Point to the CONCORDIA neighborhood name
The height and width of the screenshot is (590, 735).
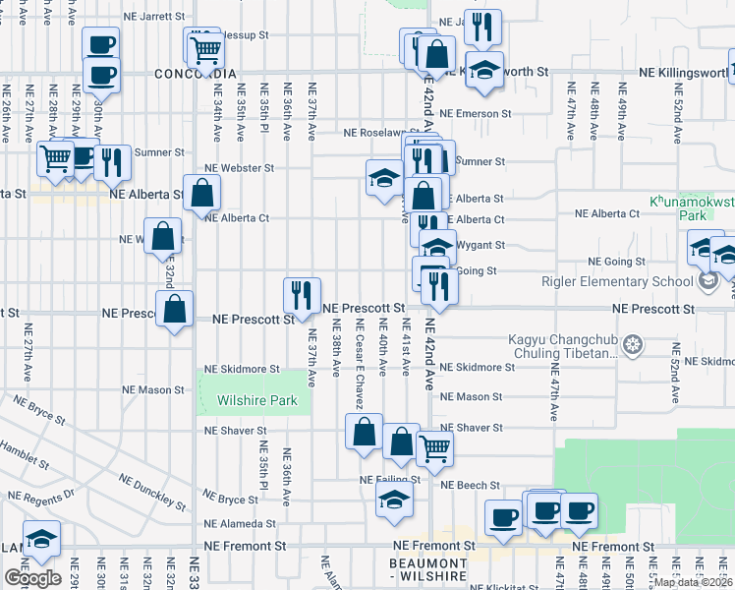(196, 74)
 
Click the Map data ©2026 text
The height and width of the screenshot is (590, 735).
(694, 582)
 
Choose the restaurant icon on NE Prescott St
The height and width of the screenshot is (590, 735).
(302, 293)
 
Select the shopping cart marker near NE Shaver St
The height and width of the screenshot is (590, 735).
(434, 447)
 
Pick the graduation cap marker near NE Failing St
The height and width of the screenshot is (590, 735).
(394, 499)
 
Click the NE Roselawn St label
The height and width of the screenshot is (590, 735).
(374, 133)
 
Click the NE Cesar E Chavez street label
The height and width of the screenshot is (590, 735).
(360, 365)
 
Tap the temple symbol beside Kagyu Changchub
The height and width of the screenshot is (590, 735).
(635, 344)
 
